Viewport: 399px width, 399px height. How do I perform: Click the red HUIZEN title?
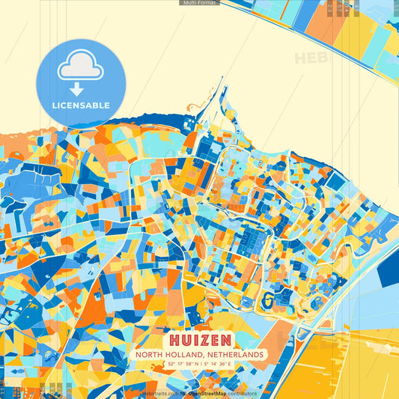click(199, 339)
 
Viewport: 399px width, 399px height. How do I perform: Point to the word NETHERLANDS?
click(236, 354)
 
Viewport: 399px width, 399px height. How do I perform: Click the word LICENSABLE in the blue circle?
click(80, 104)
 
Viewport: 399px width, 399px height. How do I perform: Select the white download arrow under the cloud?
click(80, 88)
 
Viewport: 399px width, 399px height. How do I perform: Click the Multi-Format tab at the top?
click(199, 3)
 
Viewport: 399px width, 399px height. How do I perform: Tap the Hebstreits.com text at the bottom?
click(159, 393)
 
